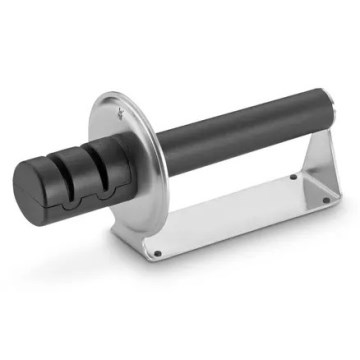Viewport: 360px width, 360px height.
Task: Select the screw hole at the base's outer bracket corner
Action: (x=325, y=200)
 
